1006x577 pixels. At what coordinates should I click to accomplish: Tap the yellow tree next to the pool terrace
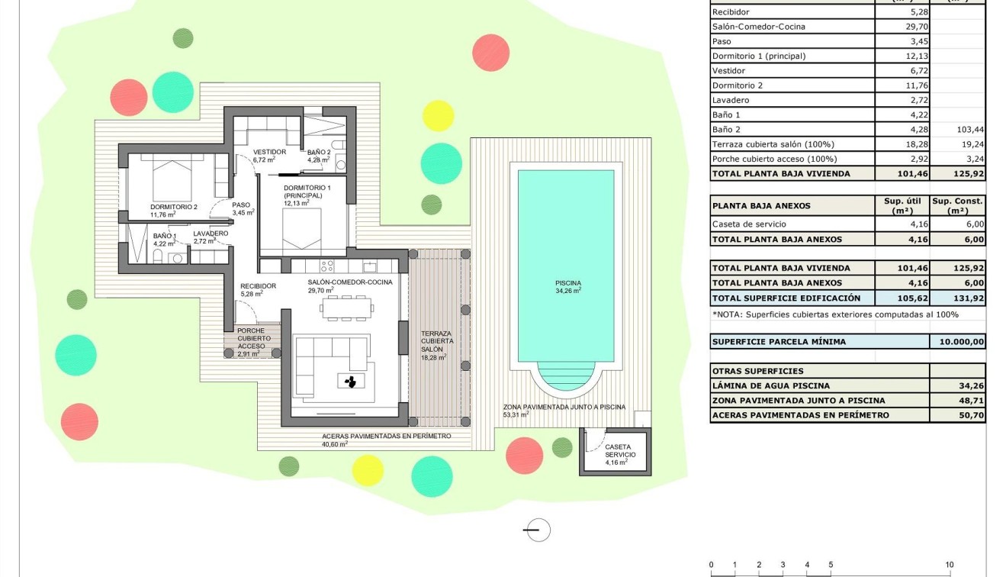coord(439,115)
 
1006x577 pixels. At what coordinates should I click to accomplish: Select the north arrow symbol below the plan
coord(537,530)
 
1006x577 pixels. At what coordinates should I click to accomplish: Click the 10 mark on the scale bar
coord(949,565)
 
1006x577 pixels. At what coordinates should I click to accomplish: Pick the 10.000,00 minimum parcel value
coord(957,342)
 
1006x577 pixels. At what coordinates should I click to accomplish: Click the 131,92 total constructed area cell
coord(957,298)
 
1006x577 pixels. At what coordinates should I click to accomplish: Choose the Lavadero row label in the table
coord(731,100)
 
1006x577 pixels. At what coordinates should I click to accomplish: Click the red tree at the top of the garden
coord(490,53)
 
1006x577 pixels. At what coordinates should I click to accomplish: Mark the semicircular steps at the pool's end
coord(566,374)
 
